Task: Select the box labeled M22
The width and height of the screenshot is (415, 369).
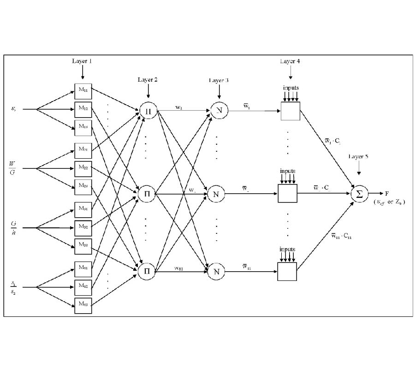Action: [x=83, y=168]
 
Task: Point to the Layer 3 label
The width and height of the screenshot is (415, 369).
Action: [x=219, y=80]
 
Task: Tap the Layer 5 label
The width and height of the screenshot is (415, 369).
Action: [x=358, y=156]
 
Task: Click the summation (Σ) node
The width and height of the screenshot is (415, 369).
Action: [x=359, y=193]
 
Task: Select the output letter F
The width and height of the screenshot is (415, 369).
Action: [x=387, y=193]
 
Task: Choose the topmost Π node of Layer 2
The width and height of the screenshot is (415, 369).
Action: [x=147, y=111]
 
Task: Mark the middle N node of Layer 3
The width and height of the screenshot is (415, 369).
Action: [x=215, y=194]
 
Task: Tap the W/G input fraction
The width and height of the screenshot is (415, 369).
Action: [x=12, y=168]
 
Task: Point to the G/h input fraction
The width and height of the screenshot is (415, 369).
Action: [x=13, y=227]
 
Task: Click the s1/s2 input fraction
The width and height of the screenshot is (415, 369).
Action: [x=12, y=287]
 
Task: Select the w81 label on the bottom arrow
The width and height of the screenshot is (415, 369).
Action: [x=179, y=267]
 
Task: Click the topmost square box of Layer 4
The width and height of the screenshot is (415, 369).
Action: [x=290, y=111]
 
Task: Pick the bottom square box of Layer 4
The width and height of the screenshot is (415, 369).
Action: [x=287, y=271]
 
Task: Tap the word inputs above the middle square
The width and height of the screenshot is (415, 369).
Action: [x=288, y=171]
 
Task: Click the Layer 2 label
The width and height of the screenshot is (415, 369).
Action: [x=148, y=79]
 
